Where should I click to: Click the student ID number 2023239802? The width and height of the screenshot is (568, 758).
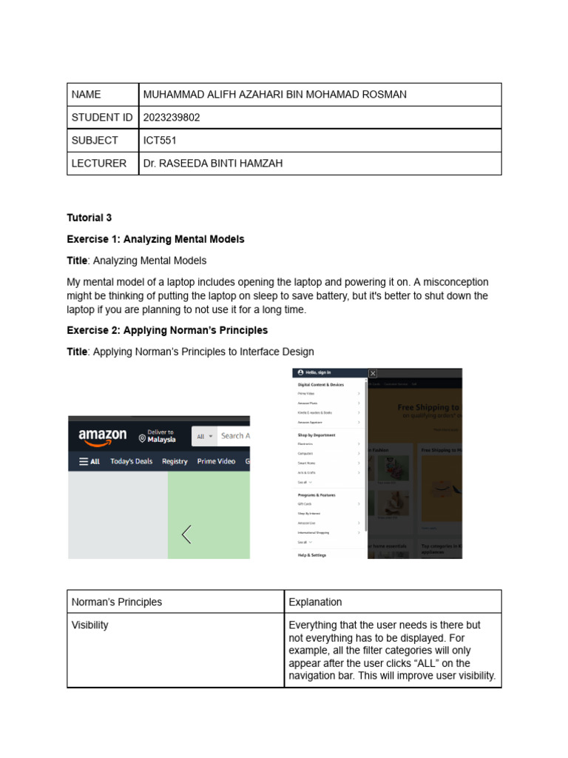[172, 118]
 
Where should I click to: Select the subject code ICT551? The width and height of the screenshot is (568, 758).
[160, 141]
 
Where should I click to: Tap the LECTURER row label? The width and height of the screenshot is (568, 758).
[98, 164]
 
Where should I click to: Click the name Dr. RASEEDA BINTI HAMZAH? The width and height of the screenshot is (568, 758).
[213, 164]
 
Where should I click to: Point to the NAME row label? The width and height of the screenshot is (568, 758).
[86, 95]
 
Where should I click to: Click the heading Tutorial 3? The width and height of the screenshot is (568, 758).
[89, 218]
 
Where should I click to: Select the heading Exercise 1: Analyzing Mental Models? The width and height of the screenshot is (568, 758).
[155, 239]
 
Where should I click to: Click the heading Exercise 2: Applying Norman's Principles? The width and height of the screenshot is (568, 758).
[167, 330]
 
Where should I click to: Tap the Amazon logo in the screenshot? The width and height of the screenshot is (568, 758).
[103, 437]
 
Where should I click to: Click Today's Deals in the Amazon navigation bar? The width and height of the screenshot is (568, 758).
[131, 461]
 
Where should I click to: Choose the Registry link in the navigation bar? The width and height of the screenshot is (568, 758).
[175, 461]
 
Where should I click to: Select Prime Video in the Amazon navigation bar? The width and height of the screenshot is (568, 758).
[216, 461]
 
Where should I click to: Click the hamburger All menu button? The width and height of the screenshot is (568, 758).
[89, 461]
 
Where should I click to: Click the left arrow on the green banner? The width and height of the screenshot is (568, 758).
[186, 534]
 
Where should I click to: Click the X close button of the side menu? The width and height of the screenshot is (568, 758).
[373, 374]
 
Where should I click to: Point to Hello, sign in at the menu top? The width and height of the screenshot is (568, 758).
[314, 372]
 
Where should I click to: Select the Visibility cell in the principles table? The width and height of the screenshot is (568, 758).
[90, 625]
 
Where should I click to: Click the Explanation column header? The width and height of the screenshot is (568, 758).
[315, 602]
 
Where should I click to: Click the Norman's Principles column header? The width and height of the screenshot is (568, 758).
[116, 602]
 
